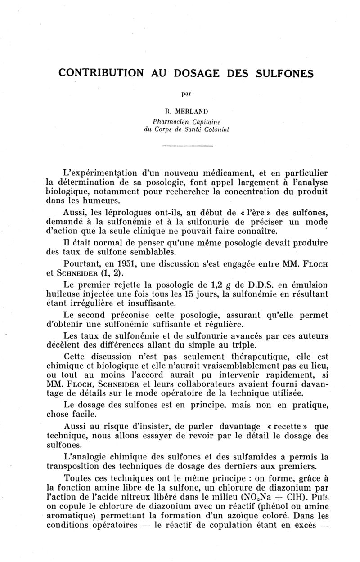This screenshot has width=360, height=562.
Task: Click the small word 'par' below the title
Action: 186,94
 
